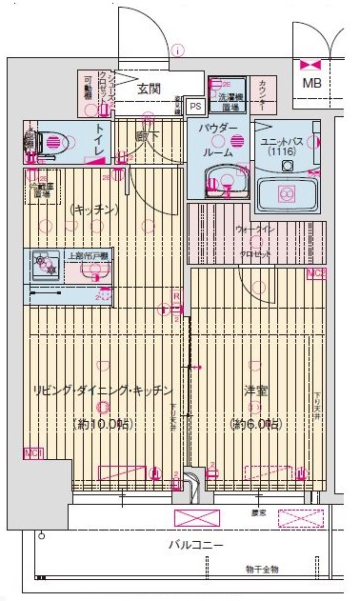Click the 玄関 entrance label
[x=148, y=89]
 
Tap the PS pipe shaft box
[x=195, y=107]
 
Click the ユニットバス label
[x=282, y=140]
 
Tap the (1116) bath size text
[x=282, y=151]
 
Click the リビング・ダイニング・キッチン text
[x=102, y=391]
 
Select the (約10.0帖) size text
[x=100, y=423]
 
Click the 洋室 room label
[x=255, y=391]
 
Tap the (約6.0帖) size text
[x=254, y=423]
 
